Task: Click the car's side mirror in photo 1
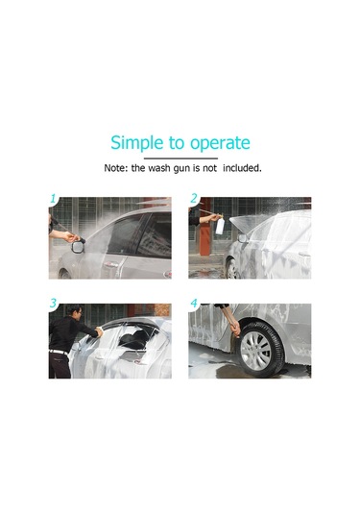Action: click(x=78, y=245)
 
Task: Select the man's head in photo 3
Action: click(x=75, y=313)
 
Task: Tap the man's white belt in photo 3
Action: click(x=59, y=350)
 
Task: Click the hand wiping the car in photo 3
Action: click(x=99, y=331)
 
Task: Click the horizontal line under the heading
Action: click(x=180, y=158)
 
